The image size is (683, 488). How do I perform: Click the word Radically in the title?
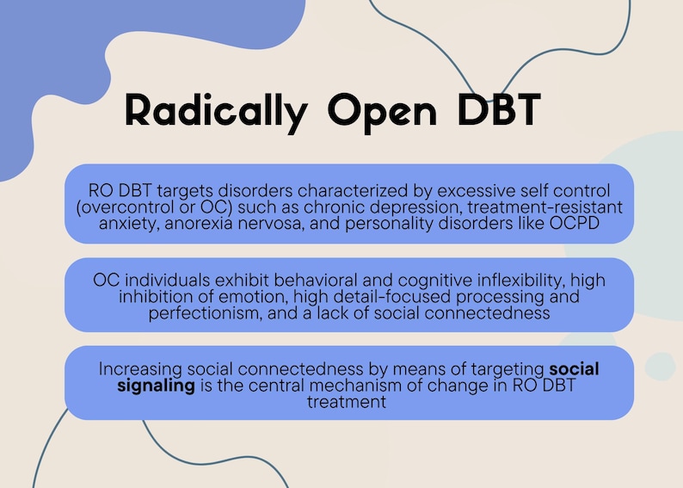215,111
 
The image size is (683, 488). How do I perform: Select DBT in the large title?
499,110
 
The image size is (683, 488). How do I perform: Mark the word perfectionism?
202,313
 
